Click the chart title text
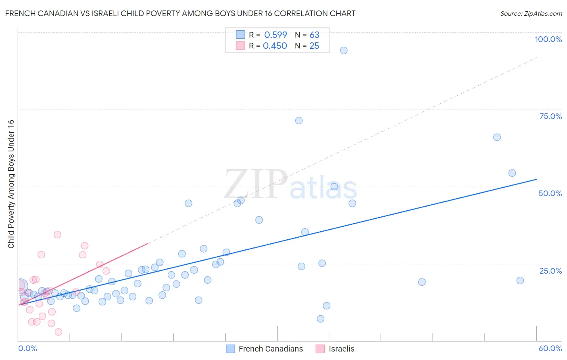point(180,13)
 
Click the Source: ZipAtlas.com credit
point(531,13)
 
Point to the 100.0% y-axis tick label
point(548,39)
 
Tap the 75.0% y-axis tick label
point(550,116)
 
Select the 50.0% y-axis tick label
point(550,193)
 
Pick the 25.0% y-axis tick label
point(550,270)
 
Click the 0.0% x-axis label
point(27,348)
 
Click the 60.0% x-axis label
point(550,348)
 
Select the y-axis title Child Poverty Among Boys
point(11,184)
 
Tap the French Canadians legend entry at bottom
point(271,349)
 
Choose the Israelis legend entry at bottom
point(341,349)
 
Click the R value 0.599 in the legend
point(275,35)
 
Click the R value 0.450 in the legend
point(275,46)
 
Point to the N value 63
point(314,35)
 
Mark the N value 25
point(314,46)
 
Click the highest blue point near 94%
point(344,50)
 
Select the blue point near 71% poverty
point(299,121)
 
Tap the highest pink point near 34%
point(57,234)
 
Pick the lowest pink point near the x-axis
point(58,332)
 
